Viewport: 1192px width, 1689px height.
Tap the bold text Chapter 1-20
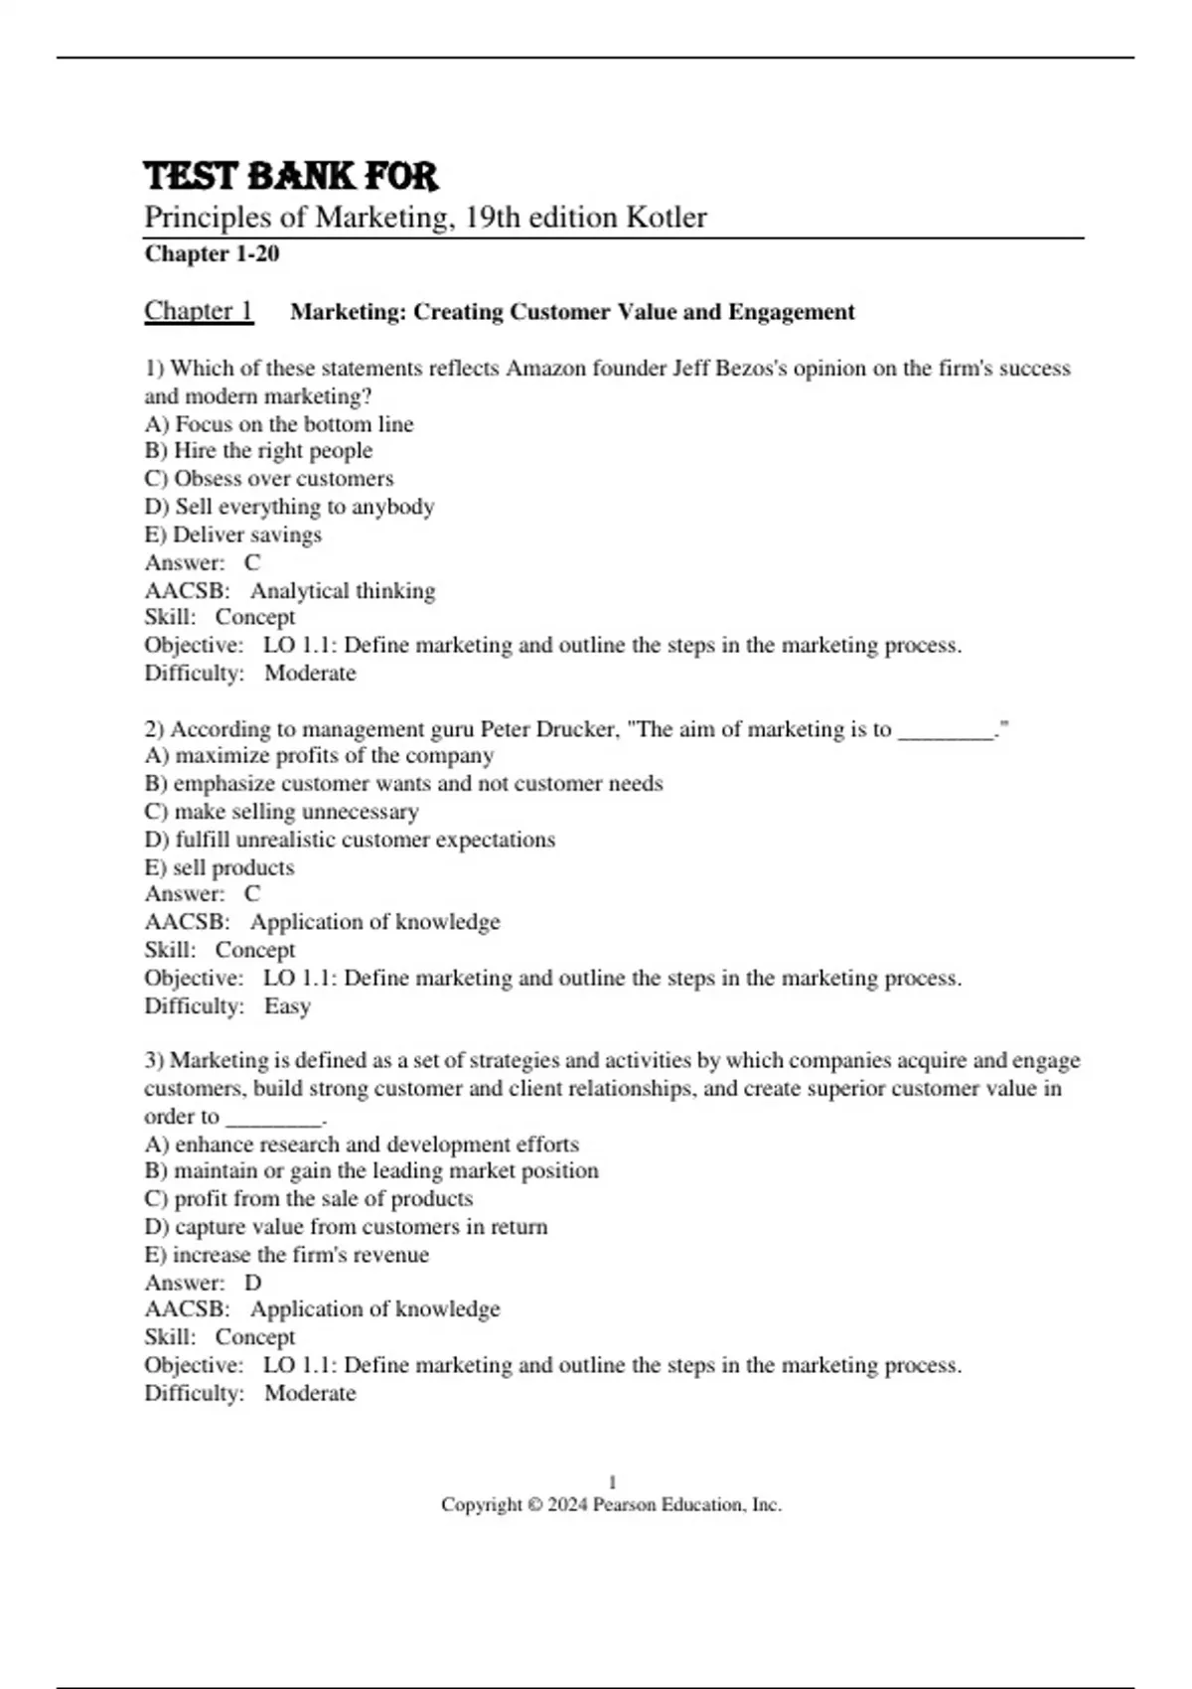(212, 254)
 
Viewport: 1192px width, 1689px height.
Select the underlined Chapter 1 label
(199, 311)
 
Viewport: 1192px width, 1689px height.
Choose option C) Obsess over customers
(269, 479)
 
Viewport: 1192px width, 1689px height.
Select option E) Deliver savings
(233, 535)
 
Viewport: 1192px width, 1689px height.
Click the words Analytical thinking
(343, 591)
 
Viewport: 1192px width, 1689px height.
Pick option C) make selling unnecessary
(281, 812)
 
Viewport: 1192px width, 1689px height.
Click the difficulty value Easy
(287, 1006)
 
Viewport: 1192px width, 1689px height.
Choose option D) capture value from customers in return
(346, 1227)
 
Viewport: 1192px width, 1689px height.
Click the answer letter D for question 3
(252, 1283)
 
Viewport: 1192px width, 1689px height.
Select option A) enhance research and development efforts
(362, 1145)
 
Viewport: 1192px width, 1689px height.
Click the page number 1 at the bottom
(612, 1482)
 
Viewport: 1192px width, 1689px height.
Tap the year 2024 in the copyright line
(567, 1505)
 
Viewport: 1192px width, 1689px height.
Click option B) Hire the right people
(258, 451)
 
